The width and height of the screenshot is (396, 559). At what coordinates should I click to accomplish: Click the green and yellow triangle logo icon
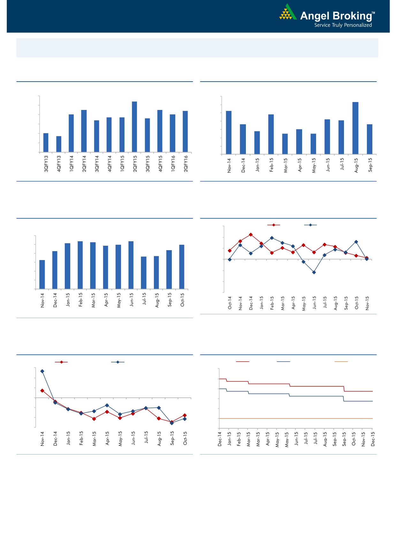pos(287,13)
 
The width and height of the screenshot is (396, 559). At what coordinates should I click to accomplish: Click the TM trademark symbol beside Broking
pos(374,13)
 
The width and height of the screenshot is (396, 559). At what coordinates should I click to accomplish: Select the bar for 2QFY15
pos(134,127)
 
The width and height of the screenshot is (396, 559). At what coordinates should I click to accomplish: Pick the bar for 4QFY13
pos(59,144)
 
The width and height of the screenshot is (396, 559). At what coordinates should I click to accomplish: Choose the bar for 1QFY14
pos(71,133)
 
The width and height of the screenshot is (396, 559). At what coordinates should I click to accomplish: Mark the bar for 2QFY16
pos(185,131)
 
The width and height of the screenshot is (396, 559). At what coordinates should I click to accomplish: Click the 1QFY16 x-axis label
pos(173,164)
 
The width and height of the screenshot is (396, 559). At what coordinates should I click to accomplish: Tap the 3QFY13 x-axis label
pos(46,164)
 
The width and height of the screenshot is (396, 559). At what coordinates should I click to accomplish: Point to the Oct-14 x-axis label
pos(230,303)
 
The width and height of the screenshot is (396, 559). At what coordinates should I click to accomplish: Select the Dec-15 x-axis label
pos(373,439)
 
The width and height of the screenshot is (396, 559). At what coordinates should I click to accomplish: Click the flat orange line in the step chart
pos(295,418)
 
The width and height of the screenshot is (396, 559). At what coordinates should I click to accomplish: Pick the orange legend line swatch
pos(341,362)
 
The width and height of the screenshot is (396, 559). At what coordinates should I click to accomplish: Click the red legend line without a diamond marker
pos(242,362)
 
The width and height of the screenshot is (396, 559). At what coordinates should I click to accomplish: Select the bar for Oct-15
pos(182,267)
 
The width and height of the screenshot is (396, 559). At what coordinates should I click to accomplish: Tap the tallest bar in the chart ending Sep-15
pos(355,128)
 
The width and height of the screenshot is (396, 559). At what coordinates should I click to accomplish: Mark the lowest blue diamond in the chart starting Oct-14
pos(314,272)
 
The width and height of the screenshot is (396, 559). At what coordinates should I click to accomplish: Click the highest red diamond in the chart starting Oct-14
pos(251,235)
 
